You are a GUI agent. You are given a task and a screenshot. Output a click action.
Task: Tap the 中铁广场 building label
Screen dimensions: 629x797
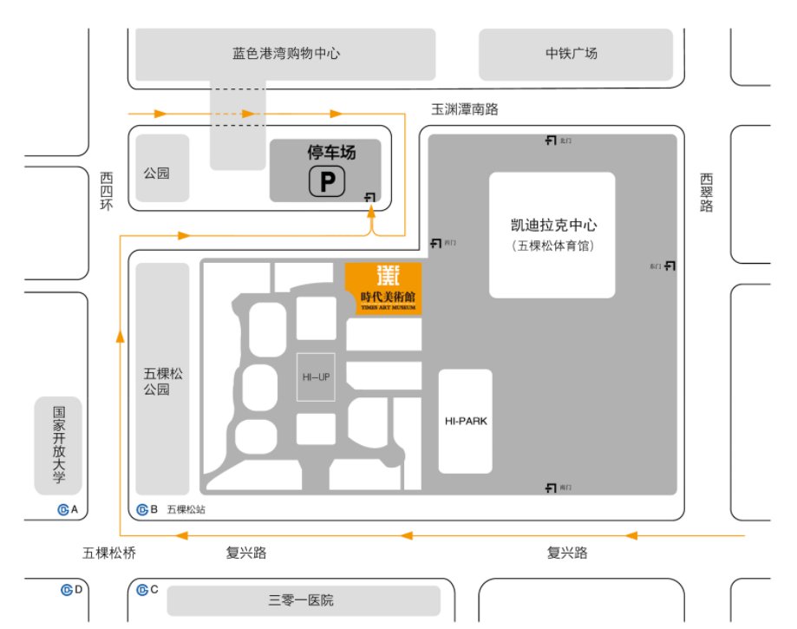pos(571,54)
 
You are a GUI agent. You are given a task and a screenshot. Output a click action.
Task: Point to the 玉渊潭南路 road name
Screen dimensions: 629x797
pos(466,110)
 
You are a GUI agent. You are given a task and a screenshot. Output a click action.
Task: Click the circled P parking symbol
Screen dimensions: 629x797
pos(327,182)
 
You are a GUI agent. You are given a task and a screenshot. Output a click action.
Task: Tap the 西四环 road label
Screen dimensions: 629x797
pos(107,191)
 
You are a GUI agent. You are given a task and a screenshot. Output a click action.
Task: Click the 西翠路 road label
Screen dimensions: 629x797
pos(706,193)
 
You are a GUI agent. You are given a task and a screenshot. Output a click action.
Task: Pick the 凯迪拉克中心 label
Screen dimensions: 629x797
pos(552,226)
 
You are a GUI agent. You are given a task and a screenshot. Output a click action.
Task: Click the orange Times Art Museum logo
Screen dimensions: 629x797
pos(383,287)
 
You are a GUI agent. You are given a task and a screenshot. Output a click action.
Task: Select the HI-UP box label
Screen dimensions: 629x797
pos(317,377)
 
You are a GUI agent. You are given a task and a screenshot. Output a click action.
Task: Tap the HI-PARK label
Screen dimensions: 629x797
pos(466,422)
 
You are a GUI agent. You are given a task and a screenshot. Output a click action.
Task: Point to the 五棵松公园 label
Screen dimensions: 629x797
pos(162,382)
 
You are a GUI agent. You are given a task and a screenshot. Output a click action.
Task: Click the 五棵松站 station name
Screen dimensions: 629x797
pos(187,510)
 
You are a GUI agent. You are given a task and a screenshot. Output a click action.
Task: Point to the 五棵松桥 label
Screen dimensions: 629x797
pos(109,553)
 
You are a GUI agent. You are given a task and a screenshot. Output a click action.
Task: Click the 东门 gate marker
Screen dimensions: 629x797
pos(663,265)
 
